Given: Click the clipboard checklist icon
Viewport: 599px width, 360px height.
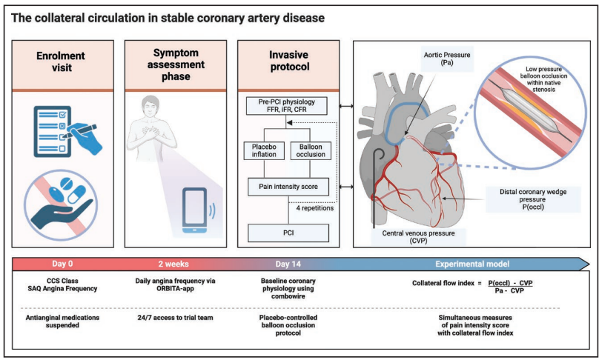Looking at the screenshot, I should click(x=60, y=129).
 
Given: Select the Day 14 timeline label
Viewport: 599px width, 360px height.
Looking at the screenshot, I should click(x=288, y=262).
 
